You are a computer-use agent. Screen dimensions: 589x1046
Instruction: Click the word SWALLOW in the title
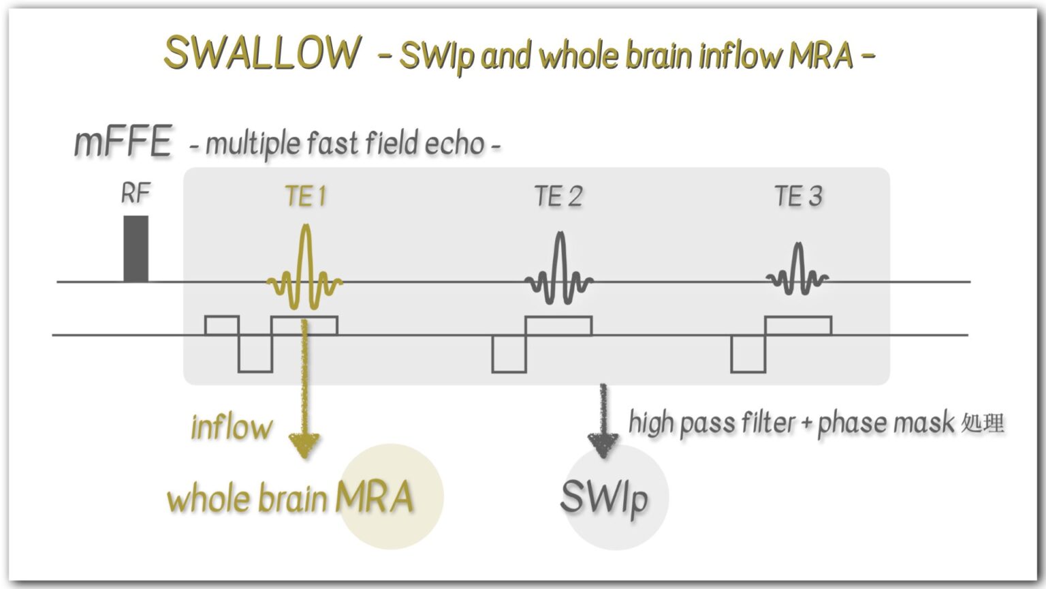point(262,52)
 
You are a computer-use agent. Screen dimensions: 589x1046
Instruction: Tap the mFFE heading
point(123,142)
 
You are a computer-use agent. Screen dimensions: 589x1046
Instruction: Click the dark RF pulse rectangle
point(136,248)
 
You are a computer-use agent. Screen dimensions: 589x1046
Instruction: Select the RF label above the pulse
point(135,194)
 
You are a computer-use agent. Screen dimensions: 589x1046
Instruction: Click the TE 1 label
point(306,196)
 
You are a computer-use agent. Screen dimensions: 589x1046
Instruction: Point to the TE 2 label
point(558,196)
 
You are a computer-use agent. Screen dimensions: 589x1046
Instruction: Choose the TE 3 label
point(798,196)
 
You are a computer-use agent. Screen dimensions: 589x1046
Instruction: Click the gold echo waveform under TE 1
point(305,273)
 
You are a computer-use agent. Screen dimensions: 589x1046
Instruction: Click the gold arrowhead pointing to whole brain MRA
point(304,447)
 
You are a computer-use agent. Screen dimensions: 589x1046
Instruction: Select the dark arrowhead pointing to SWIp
point(603,447)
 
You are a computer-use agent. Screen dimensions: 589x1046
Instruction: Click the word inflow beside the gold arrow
point(232,427)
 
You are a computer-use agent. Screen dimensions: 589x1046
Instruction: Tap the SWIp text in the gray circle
point(603,498)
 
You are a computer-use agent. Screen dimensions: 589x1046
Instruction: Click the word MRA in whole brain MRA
point(374,497)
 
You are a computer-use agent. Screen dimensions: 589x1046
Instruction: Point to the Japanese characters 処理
point(983,423)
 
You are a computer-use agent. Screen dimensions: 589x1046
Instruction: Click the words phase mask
point(885,423)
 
